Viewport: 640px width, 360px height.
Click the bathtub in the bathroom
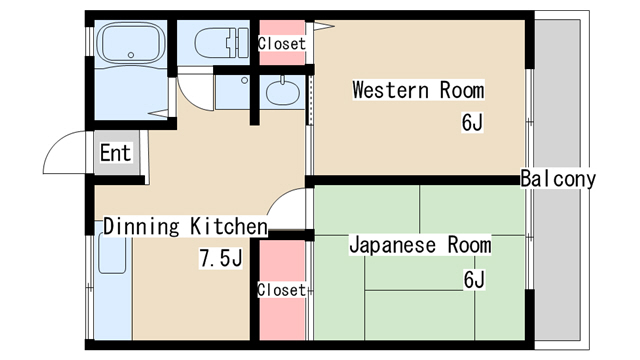coord(132,43)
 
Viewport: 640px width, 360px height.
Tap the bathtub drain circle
coord(131,55)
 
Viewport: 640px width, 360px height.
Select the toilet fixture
coord(222,42)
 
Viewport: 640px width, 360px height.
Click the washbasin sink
coord(282,91)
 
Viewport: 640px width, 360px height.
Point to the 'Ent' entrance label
coord(116,153)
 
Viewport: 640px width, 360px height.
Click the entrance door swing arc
coord(57,145)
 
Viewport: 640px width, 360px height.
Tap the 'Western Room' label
coord(418,90)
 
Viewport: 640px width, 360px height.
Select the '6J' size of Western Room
coord(472,122)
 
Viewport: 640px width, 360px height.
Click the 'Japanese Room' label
coord(420,245)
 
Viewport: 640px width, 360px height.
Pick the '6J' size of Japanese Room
coord(474,280)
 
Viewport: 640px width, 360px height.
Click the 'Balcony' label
coord(558,179)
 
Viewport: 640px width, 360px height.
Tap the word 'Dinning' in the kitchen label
coord(141,227)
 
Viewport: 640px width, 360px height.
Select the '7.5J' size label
coord(221,258)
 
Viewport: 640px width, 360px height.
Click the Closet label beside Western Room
coord(282,44)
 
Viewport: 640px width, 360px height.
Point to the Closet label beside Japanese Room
coord(281,290)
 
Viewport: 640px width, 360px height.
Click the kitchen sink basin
coord(112,253)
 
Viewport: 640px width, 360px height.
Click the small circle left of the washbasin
coord(244,80)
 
